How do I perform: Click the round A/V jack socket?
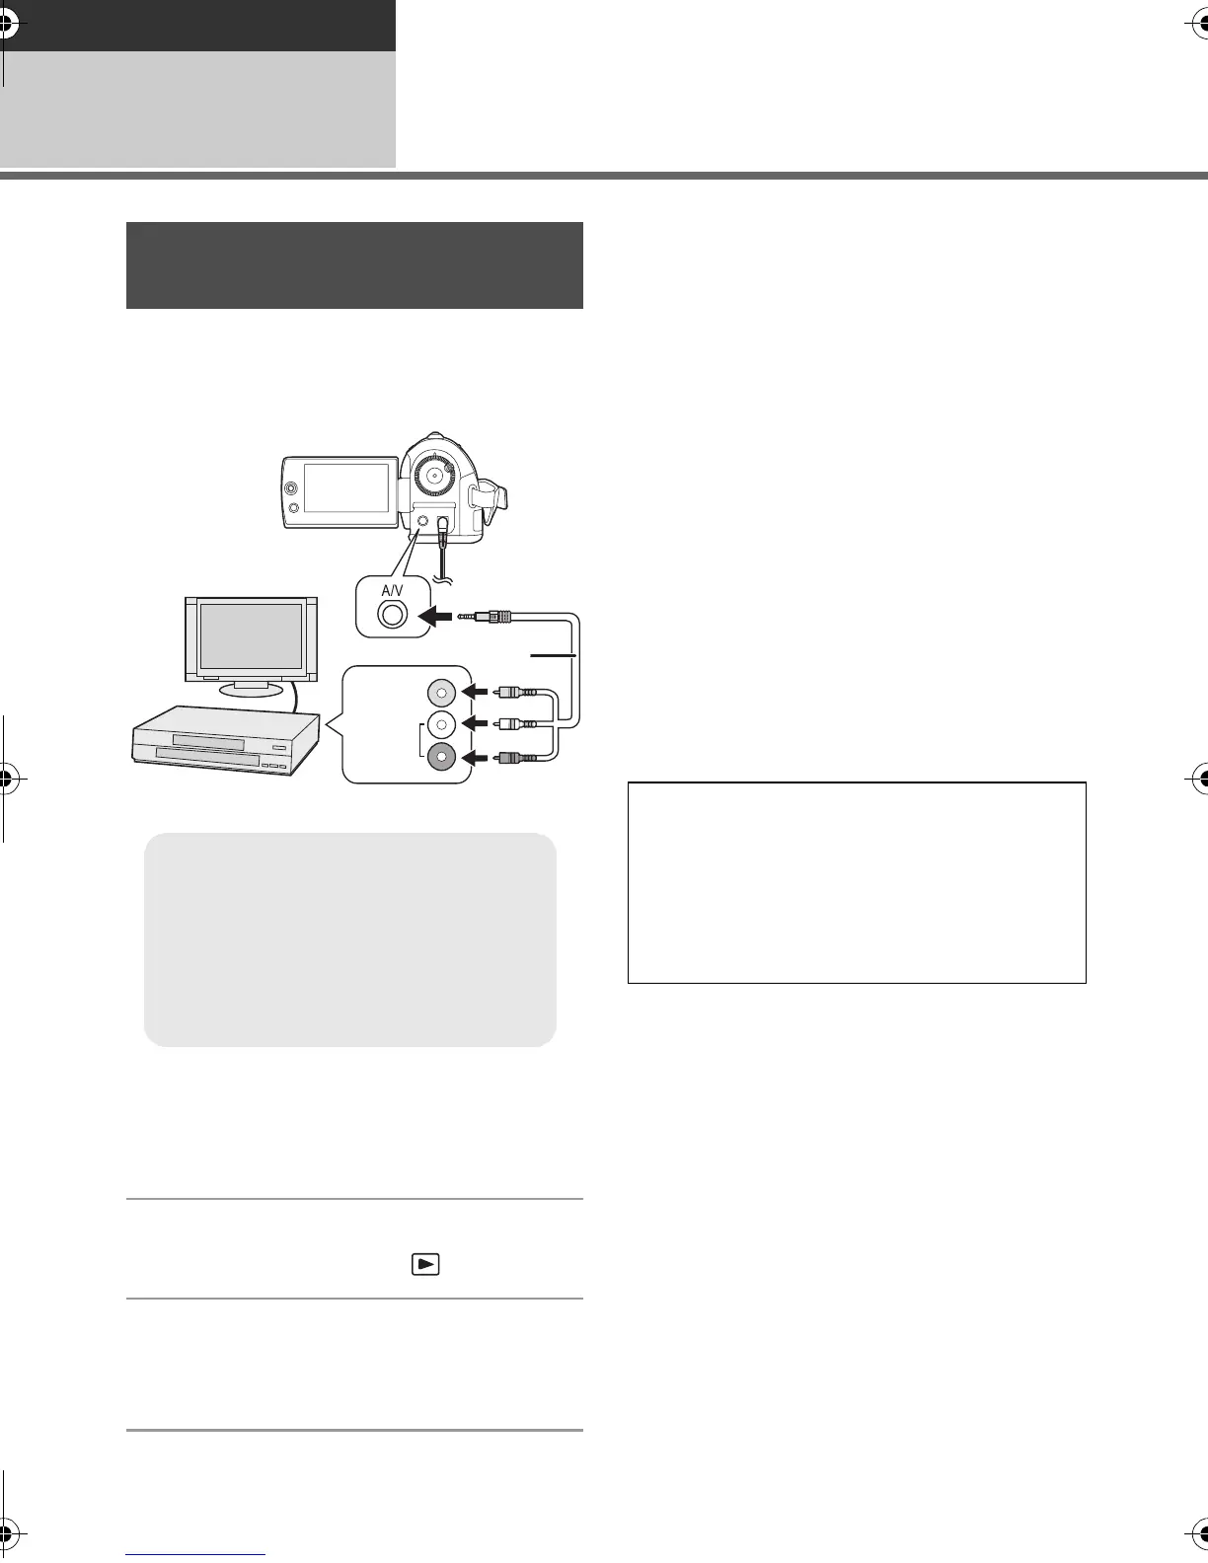pos(392,614)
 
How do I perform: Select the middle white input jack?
pos(441,725)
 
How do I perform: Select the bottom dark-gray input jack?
pos(441,757)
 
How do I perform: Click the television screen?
pos(251,636)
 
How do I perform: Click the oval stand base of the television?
pos(251,688)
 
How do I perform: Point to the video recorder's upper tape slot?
pos(207,740)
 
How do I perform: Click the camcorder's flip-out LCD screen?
pos(345,486)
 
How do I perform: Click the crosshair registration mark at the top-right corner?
pos(1196,28)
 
